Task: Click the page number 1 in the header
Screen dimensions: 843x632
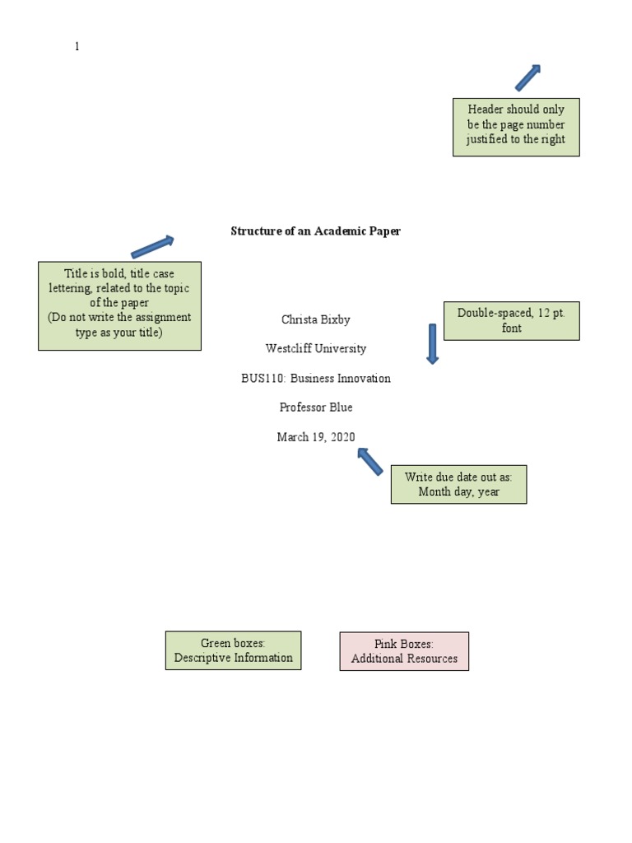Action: (x=77, y=47)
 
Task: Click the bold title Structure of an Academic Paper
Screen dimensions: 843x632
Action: (x=315, y=231)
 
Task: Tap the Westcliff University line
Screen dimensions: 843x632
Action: (x=315, y=349)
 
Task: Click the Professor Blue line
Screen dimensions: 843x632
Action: (x=315, y=408)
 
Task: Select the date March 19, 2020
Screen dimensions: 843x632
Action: (x=315, y=437)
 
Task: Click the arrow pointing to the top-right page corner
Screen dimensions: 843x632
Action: (x=527, y=77)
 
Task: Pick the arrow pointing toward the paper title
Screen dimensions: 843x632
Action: (x=153, y=246)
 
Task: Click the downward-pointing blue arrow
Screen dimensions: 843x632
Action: (x=432, y=343)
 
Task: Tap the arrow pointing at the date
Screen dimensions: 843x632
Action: (x=370, y=461)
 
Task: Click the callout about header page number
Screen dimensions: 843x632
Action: (x=516, y=127)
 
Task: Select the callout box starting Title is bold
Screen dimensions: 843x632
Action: (x=119, y=305)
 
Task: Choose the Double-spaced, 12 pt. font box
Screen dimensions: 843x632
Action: (x=511, y=321)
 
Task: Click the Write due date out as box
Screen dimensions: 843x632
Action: (x=458, y=484)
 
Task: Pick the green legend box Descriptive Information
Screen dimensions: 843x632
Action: (x=233, y=650)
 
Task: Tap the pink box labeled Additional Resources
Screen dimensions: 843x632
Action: (x=404, y=651)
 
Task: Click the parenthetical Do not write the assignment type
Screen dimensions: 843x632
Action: (x=119, y=325)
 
